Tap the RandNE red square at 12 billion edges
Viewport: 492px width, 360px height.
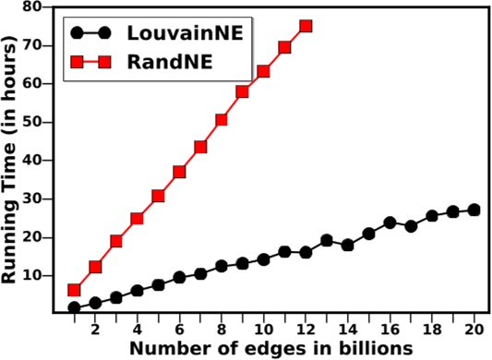pos(306,26)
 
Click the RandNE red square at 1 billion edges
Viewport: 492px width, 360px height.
pos(75,290)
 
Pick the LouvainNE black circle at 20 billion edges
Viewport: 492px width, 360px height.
pos(474,210)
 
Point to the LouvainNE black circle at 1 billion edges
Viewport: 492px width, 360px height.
pos(75,307)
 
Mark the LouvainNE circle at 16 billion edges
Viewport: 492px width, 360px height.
pos(390,223)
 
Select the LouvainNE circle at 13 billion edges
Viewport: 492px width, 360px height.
pos(327,240)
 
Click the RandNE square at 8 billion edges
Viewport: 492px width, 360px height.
pos(222,120)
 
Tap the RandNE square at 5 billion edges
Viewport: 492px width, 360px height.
pos(159,196)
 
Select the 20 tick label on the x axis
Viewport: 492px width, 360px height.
pos(474,329)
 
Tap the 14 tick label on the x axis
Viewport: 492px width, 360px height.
pos(348,329)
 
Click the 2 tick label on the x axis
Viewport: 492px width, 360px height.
pos(96,329)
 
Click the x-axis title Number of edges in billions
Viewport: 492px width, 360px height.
pos(269,348)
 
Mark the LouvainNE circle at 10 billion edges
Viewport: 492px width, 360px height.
pos(264,259)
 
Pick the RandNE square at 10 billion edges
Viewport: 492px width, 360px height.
pos(264,71)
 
